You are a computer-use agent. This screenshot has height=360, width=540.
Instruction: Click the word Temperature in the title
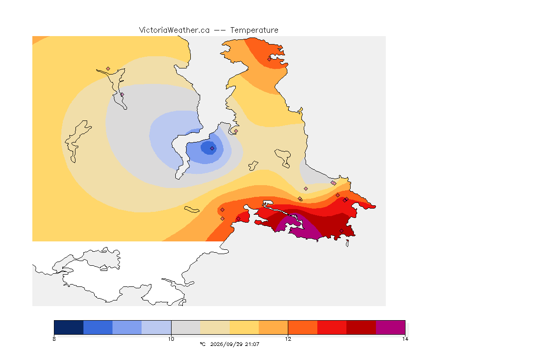coord(254,30)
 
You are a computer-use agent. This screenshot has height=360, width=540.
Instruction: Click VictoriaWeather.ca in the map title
coord(174,30)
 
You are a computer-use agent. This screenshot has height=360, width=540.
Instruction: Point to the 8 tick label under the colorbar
coord(54,339)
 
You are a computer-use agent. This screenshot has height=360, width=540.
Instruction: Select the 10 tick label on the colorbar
coord(171,339)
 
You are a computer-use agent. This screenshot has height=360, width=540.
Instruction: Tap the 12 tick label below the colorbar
coord(288,339)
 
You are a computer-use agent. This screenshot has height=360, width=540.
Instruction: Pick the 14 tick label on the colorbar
coord(405,339)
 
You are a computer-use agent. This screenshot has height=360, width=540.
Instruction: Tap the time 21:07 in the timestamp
coord(252,344)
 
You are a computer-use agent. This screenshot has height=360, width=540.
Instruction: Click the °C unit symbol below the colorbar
coord(202,344)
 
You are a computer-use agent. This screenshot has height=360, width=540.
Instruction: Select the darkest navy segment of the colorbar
coord(69,327)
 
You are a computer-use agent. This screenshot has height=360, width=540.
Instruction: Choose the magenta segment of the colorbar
coord(390,327)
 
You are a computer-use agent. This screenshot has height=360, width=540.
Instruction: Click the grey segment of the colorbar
coord(186,327)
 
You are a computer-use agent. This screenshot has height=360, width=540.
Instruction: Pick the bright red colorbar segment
coord(332,327)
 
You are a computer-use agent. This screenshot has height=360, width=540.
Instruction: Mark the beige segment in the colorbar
coord(215,327)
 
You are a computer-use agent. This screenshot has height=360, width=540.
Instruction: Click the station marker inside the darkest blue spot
coord(212,149)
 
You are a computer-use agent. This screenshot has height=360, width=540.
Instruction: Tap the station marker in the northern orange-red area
coord(270,59)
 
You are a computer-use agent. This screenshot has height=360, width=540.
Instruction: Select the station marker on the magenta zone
coord(295,217)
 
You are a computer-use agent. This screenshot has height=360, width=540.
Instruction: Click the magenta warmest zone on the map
coord(307,230)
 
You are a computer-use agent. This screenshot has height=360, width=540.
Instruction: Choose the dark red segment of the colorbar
coord(361,327)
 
